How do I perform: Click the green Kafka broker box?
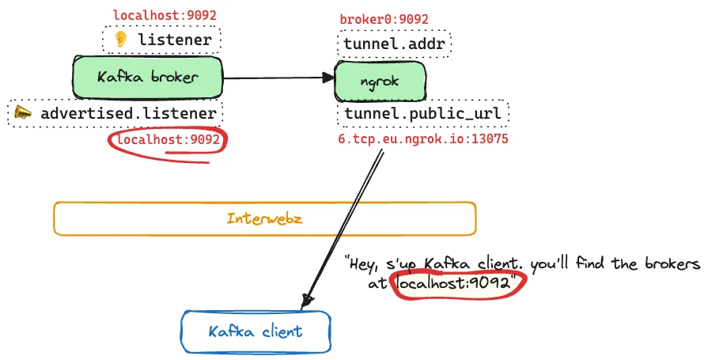148,78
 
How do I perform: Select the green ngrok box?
381,81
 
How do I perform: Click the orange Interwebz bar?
264,218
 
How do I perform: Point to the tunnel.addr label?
395,44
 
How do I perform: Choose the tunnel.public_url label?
422,115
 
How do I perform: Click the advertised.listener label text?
128,114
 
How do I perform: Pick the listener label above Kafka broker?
174,40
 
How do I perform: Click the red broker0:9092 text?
384,19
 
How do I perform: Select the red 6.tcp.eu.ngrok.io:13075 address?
422,139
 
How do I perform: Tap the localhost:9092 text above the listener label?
165,15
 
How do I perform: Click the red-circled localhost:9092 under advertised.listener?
168,140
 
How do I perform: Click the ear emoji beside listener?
120,40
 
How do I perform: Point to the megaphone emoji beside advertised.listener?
24,114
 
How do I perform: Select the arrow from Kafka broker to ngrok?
277,78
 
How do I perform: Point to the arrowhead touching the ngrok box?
329,78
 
